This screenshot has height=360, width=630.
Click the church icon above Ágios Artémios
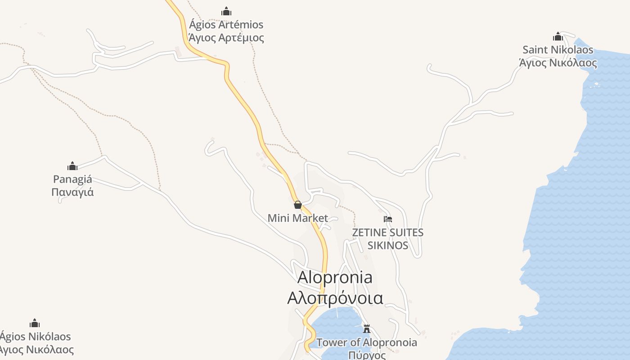[226, 11]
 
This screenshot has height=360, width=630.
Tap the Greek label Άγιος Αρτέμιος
[226, 38]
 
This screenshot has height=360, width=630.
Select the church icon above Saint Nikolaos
[558, 36]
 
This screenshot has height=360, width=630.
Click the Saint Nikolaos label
[558, 49]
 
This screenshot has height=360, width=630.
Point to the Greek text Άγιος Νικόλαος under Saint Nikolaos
[558, 63]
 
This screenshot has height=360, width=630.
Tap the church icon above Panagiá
[72, 166]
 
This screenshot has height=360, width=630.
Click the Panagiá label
[72, 179]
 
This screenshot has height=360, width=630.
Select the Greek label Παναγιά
[72, 192]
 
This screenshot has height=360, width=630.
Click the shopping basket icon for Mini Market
[297, 205]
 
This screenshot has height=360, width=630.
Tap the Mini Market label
[297, 218]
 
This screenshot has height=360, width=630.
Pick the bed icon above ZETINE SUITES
[388, 219]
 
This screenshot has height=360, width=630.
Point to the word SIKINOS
[388, 245]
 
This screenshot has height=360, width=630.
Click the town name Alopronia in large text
[335, 277]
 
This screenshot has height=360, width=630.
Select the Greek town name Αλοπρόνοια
[335, 298]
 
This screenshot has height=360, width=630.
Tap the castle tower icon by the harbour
[367, 328]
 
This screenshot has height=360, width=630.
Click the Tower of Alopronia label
[367, 342]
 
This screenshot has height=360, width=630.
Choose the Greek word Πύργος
[367, 355]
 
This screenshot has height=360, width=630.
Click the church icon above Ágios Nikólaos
[35, 323]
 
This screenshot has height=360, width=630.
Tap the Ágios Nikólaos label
[35, 337]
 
